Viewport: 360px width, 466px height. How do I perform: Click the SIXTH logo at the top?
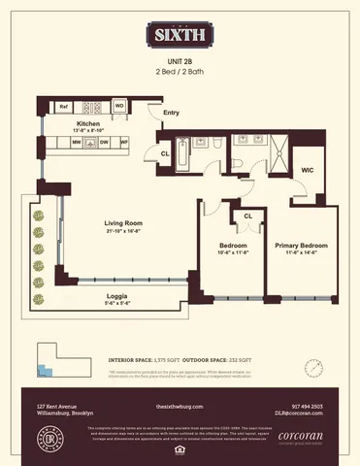pos(180,37)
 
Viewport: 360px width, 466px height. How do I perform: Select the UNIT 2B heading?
pos(180,61)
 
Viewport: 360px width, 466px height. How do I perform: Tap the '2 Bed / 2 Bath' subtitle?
pos(180,73)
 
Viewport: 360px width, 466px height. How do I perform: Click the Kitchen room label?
pos(90,124)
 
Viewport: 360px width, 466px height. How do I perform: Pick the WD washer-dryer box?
pos(119,106)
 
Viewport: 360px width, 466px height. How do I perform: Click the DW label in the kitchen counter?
pos(104,143)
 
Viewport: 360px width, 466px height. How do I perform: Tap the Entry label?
pos(171,114)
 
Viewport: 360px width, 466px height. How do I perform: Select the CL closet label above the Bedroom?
pos(248,216)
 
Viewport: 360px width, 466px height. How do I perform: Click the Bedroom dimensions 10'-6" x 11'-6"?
pos(230,254)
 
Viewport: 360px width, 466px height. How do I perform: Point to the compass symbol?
pos(313,368)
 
